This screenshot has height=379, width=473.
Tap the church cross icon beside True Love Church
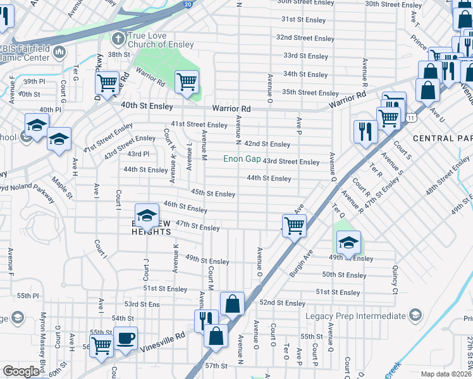tap(117, 39)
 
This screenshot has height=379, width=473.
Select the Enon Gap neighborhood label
tap(242, 159)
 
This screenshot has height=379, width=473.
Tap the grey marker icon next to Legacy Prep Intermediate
tap(415, 315)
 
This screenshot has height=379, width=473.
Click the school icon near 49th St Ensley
tap(348, 242)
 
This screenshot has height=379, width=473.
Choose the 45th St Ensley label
tap(213, 193)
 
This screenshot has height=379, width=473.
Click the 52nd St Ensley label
tap(282, 303)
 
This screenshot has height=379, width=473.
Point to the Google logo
tap(21, 371)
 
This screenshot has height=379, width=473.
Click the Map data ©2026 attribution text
tap(446, 374)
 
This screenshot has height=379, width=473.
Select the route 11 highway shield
tap(412, 117)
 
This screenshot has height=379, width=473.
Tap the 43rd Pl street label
tap(138, 153)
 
